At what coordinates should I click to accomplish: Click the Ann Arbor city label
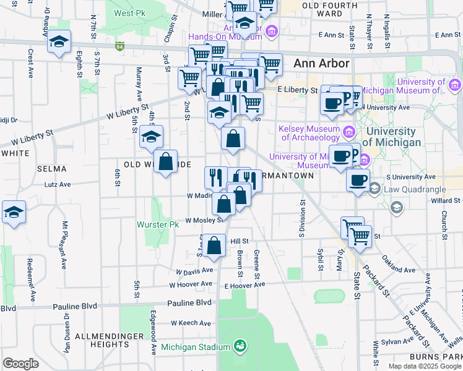pyautogui.click(x=321, y=63)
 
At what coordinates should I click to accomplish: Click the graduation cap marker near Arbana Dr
pyautogui.click(x=59, y=42)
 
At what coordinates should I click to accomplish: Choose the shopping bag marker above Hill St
pyautogui.click(x=214, y=245)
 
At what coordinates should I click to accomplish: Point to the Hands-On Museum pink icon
pyautogui.click(x=270, y=31)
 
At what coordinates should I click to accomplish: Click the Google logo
pyautogui.click(x=21, y=364)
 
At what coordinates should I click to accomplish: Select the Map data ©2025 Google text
pyautogui.click(x=424, y=366)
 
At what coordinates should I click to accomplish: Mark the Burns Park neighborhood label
pyautogui.click(x=435, y=357)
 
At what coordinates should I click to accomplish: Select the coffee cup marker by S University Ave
pyautogui.click(x=357, y=181)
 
